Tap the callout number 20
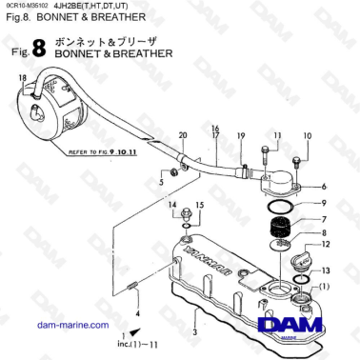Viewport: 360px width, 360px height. (183, 135)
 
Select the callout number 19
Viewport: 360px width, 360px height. (242, 135)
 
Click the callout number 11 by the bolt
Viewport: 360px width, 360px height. (277, 135)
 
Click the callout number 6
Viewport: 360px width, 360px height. (324, 187)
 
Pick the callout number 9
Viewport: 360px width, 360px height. (324, 204)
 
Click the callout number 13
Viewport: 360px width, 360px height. (324, 270)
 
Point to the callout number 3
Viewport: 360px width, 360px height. (194, 331)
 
